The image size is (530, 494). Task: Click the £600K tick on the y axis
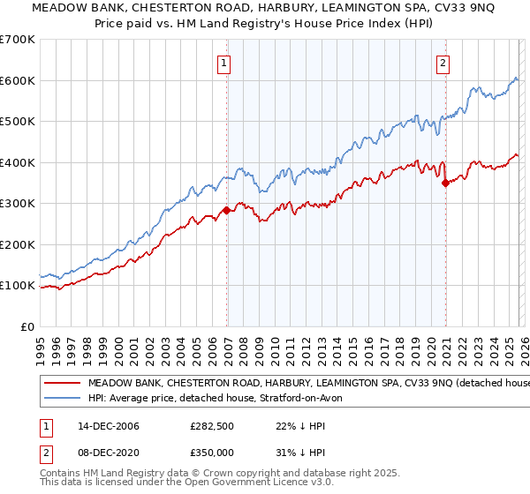click(18, 80)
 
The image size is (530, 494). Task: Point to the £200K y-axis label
click(18, 244)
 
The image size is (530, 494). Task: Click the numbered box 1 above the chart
click(224, 63)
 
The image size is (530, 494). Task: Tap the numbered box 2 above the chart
click(443, 63)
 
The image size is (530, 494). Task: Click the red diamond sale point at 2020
click(445, 183)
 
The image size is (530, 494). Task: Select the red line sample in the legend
click(62, 384)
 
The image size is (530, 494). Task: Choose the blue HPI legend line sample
click(62, 399)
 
